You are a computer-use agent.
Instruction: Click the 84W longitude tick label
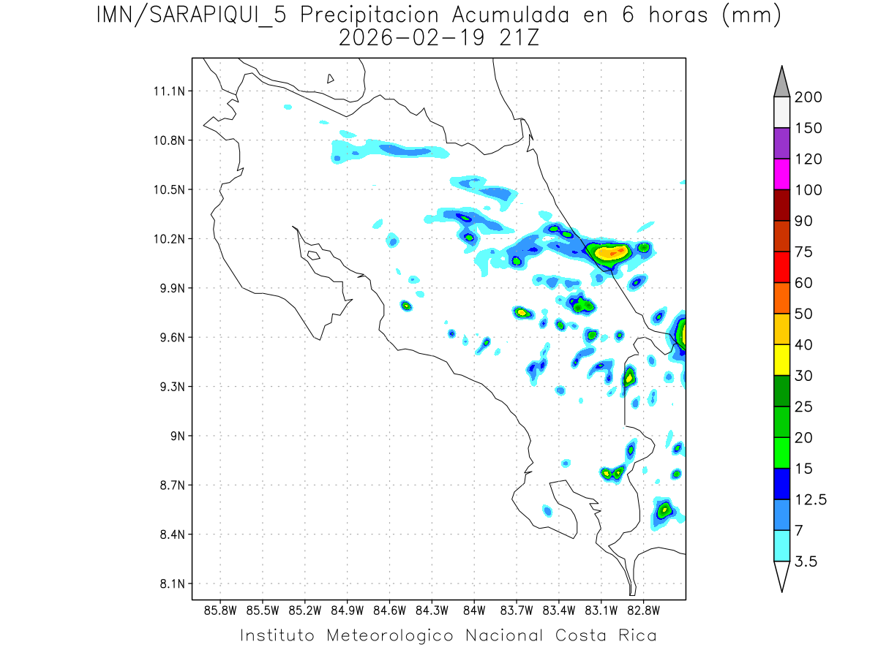[x=474, y=610]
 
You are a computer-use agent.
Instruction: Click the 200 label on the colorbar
[x=808, y=97]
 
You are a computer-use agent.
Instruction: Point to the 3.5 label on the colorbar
[x=807, y=561]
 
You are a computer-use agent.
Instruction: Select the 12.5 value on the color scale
[x=810, y=500]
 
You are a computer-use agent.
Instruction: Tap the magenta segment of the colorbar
[x=781, y=174]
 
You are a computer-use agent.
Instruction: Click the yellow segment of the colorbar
[x=781, y=360]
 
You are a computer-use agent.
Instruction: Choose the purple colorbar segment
[x=781, y=143]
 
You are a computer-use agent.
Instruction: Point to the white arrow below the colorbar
[x=781, y=575]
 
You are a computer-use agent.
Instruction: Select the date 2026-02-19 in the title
[x=410, y=37]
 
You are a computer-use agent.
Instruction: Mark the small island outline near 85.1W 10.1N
[x=313, y=255]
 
